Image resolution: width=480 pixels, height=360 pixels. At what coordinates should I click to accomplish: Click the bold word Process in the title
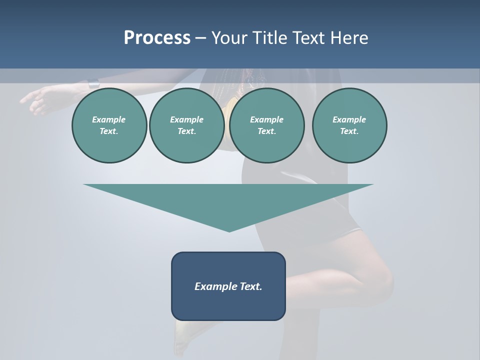(157, 38)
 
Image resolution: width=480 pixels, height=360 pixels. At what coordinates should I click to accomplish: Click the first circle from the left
(109, 125)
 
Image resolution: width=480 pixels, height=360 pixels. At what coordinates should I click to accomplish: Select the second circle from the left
(186, 125)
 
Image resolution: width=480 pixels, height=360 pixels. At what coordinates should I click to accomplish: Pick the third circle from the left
(266, 125)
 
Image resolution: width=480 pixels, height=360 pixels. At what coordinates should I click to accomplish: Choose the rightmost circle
(349, 125)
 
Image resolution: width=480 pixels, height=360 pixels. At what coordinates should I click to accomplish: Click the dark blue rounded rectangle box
(228, 305)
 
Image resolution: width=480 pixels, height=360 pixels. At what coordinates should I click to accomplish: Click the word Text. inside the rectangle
(251, 286)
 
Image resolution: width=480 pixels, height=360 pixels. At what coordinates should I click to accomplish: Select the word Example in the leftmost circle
(108, 119)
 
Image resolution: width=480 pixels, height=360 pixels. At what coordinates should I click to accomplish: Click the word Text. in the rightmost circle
(349, 131)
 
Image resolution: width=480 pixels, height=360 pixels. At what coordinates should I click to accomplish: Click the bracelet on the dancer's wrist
(93, 83)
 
